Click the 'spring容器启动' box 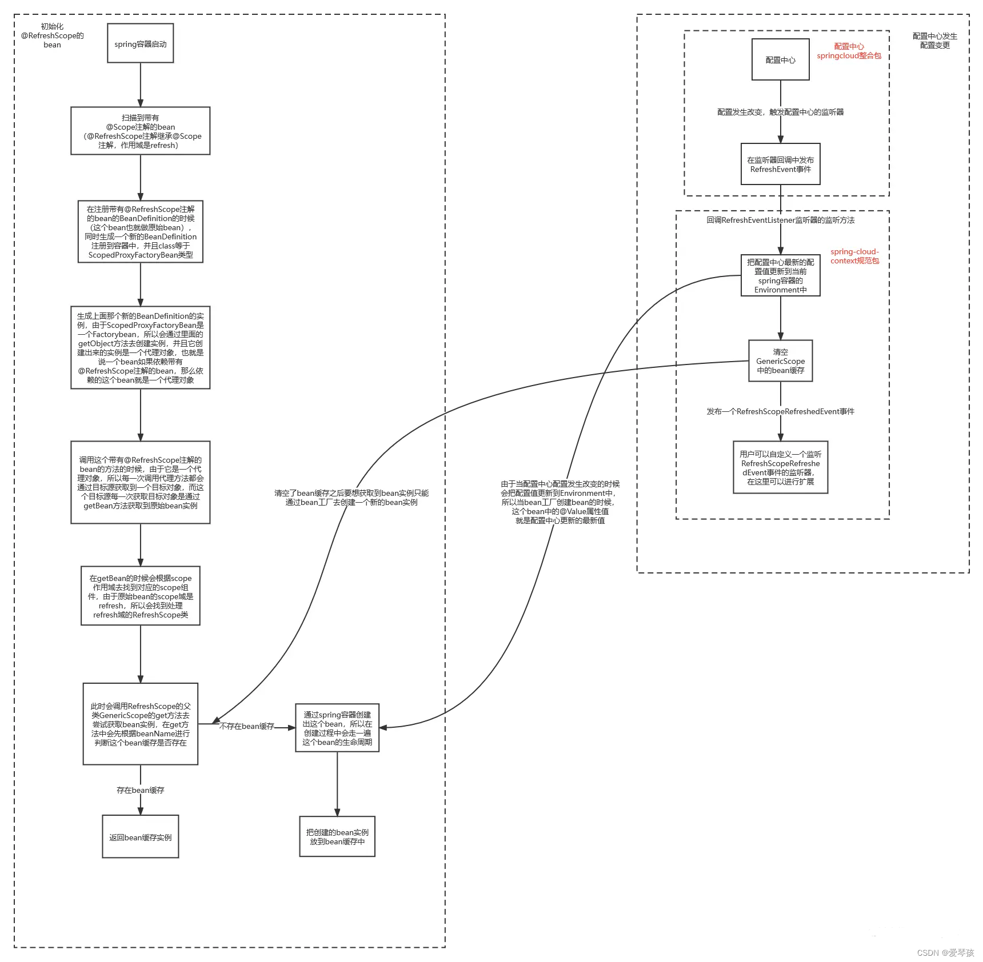tap(140, 43)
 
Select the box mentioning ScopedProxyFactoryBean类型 tap(140, 231)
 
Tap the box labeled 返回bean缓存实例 tap(140, 837)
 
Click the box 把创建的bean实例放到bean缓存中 tap(337, 836)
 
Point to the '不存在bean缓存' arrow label tap(246, 726)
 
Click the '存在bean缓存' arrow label tap(140, 790)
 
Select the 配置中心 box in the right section tap(780, 60)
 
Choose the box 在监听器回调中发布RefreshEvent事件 tap(780, 165)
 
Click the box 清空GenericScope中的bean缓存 tap(780, 361)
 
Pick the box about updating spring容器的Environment tap(780, 275)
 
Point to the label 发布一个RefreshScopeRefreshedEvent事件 tap(780, 411)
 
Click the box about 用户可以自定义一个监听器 tap(780, 467)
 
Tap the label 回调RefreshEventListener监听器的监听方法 tap(780, 220)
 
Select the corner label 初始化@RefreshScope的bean tap(52, 35)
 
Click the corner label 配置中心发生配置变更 tap(934, 41)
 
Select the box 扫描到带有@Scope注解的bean tap(140, 131)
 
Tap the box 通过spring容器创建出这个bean tap(337, 728)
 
